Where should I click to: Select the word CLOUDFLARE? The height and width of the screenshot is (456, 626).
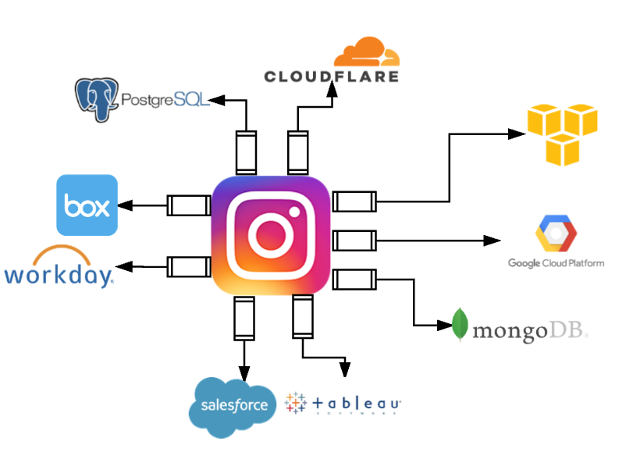(x=332, y=76)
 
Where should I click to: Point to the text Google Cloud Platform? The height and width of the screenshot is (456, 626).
(x=556, y=263)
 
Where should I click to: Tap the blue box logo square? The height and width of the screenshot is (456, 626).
(x=87, y=205)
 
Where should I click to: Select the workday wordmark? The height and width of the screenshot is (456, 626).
(x=59, y=275)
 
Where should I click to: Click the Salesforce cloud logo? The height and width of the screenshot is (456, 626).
(x=233, y=404)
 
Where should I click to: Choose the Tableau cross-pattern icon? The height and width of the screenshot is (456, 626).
(x=296, y=402)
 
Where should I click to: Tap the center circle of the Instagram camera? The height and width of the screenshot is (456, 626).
(x=270, y=236)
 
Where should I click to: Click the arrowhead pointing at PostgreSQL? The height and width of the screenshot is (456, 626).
(x=218, y=100)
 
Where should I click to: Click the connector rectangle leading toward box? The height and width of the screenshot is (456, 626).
(x=188, y=205)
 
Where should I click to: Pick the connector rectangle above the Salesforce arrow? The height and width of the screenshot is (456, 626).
(x=244, y=318)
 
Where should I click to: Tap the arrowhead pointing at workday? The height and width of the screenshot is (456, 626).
(x=126, y=267)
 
